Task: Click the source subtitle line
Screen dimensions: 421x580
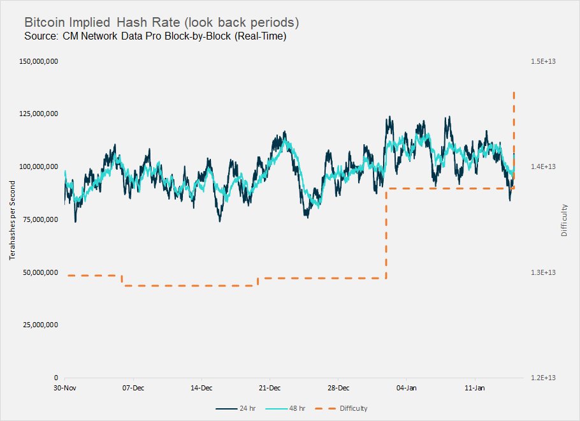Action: click(155, 37)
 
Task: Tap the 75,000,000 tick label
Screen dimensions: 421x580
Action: click(39, 219)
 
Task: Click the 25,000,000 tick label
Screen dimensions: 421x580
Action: click(39, 325)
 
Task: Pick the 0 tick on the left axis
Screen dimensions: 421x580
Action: click(56, 378)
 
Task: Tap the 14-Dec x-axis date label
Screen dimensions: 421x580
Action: click(201, 388)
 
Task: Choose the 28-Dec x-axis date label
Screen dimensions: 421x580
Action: click(338, 388)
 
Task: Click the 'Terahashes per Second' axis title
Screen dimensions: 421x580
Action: click(12, 219)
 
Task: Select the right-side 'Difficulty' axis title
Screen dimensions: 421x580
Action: click(564, 220)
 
